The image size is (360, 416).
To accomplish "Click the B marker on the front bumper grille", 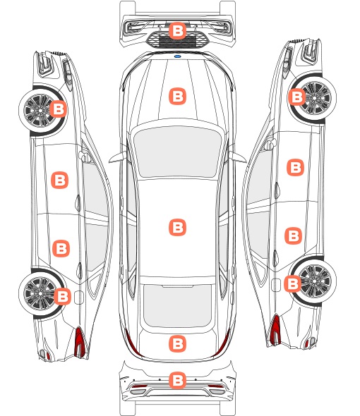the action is point(177,31).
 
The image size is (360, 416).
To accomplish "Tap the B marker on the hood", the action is point(177,96).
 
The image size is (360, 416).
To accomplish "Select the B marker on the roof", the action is point(177,227).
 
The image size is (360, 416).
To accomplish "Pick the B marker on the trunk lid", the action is point(177,344).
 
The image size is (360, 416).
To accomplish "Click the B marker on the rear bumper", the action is point(177,381).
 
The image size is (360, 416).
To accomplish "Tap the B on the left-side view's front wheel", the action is point(59,109).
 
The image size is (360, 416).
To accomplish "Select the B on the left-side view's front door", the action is point(59,180).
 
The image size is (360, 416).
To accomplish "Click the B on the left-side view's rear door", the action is point(61,249).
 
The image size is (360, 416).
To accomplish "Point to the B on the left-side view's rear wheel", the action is point(62,296).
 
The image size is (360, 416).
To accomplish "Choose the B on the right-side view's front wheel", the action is point(296,97).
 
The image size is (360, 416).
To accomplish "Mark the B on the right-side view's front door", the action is point(296,167).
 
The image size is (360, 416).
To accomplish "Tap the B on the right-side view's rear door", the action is point(294,236).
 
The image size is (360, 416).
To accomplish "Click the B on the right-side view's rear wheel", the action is point(293,284).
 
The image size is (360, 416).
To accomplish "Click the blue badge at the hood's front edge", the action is point(177,56).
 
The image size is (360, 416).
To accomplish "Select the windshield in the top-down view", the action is point(177,152).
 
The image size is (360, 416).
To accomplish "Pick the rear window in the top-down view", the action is point(177,305).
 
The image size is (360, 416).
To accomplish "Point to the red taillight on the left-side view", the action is point(80,342).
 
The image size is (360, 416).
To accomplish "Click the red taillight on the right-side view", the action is point(275,330).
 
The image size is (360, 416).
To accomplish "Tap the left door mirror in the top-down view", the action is point(117,157).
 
